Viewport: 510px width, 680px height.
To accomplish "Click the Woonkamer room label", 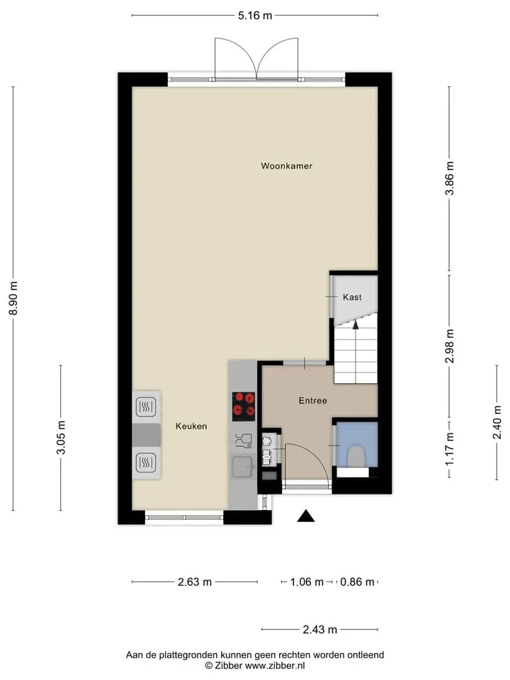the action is pyautogui.click(x=287, y=166).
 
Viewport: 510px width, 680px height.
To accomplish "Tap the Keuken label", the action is pyautogui.click(x=191, y=426).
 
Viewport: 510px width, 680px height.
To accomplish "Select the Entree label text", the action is pyautogui.click(x=312, y=401).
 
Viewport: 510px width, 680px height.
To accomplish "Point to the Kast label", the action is pyautogui.click(x=352, y=297).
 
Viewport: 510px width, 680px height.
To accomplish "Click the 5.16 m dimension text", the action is pyautogui.click(x=255, y=16).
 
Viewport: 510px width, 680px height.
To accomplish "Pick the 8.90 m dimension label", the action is pyautogui.click(x=13, y=298).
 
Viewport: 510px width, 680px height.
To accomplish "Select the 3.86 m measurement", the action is pyautogui.click(x=450, y=178).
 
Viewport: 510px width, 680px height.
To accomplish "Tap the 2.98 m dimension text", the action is pyautogui.click(x=450, y=346).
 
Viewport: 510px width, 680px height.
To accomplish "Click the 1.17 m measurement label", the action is pyautogui.click(x=450, y=449).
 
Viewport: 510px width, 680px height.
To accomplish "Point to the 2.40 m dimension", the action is pyautogui.click(x=497, y=422).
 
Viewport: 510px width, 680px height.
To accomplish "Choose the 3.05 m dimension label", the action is pyautogui.click(x=61, y=438).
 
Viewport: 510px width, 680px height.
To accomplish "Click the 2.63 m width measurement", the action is pyautogui.click(x=195, y=582).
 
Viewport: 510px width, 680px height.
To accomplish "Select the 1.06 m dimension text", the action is pyautogui.click(x=307, y=582).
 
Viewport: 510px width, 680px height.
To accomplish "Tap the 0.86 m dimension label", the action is pyautogui.click(x=357, y=582).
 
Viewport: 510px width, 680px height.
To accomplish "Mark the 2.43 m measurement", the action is pyautogui.click(x=320, y=630).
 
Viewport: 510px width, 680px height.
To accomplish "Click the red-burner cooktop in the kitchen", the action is pyautogui.click(x=244, y=407).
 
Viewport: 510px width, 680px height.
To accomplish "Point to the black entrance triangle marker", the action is pyautogui.click(x=306, y=516).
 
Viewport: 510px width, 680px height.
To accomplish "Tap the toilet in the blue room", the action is pyautogui.click(x=356, y=456).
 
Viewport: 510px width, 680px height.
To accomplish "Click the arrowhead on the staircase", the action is pyautogui.click(x=356, y=325).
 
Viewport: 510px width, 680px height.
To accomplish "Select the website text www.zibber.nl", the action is pyautogui.click(x=275, y=666).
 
